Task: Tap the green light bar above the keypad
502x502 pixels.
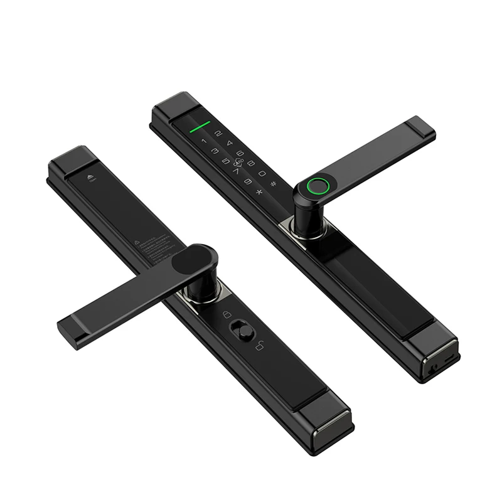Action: [x=200, y=127]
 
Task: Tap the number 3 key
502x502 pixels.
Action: [x=215, y=151]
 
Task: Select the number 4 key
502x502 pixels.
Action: [x=230, y=143]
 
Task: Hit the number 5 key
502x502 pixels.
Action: [x=226, y=161]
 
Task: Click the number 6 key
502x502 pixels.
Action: [x=240, y=153]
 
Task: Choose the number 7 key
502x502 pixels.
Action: [x=236, y=171]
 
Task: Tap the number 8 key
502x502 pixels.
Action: [x=251, y=164]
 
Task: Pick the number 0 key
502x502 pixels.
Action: [x=262, y=173]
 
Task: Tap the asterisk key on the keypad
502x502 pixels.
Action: [x=259, y=191]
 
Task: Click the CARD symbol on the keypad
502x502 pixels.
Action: [x=238, y=162]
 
